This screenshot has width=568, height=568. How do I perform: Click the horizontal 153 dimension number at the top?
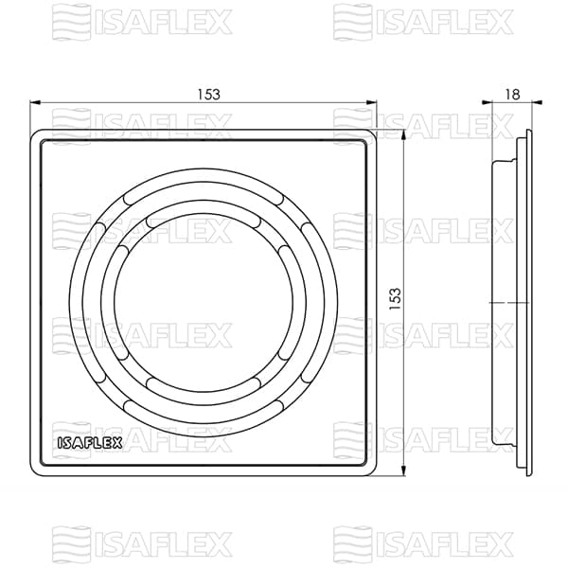(x=208, y=94)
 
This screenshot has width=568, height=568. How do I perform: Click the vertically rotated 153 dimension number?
(x=395, y=298)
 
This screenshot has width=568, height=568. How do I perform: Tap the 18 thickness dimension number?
(x=512, y=94)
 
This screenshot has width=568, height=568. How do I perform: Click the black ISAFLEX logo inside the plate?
(x=90, y=443)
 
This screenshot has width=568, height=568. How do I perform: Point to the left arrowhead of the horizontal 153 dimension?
(x=34, y=102)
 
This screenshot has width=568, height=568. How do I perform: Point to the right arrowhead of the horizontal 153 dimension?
(x=372, y=102)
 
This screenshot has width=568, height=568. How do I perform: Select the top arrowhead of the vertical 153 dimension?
(x=403, y=134)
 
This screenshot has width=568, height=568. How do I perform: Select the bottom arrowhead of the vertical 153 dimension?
(x=403, y=470)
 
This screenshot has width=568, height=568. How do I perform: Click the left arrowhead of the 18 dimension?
(x=487, y=102)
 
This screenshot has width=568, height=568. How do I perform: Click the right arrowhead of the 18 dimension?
(x=537, y=102)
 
